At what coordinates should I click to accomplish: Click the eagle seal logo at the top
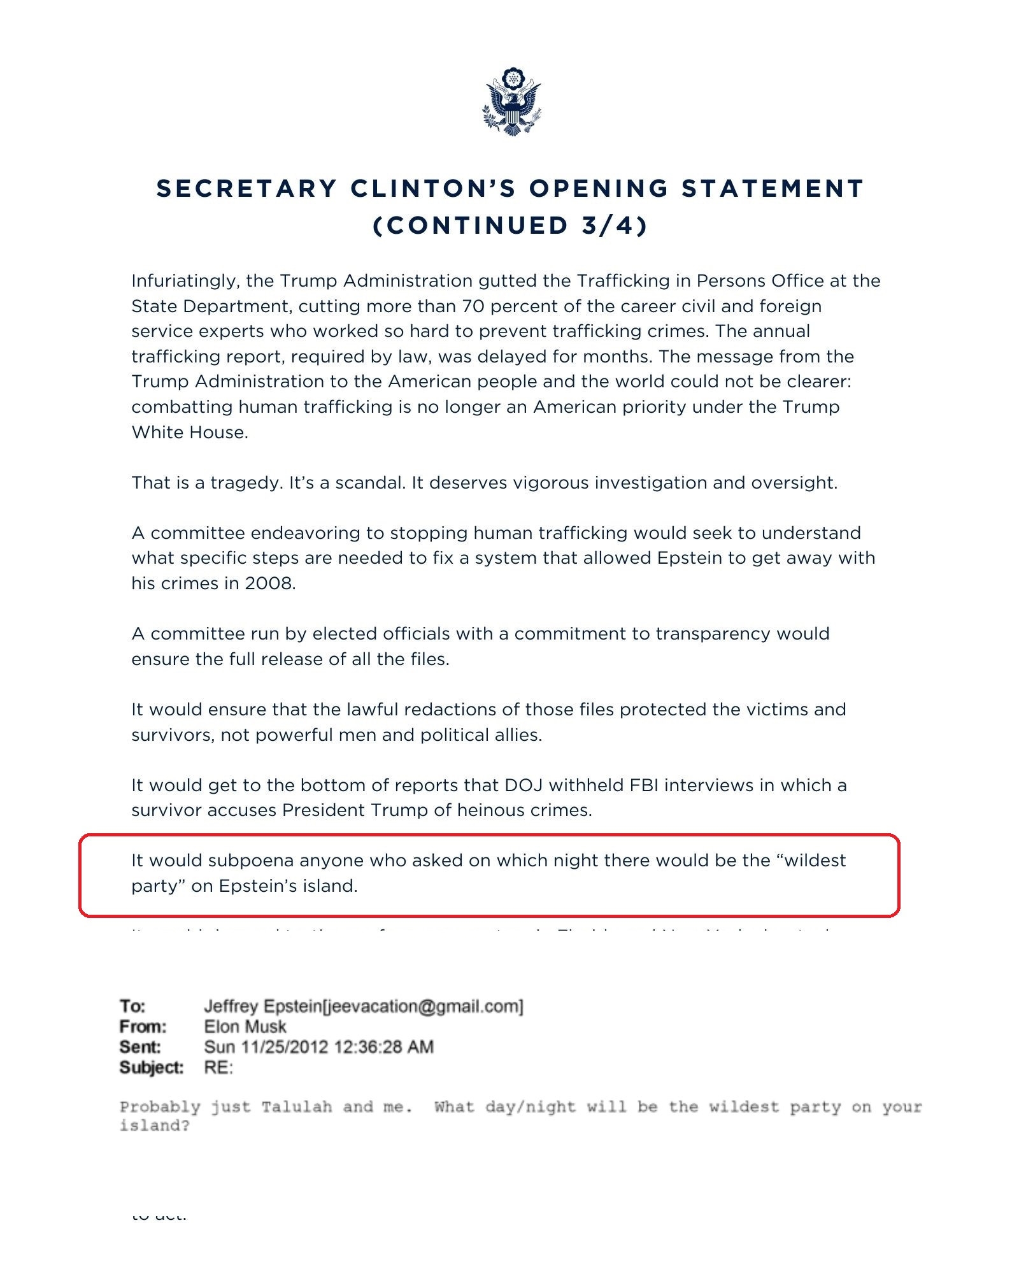(x=511, y=102)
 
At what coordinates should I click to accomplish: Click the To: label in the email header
(x=132, y=1006)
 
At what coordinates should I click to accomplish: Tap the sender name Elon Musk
(x=245, y=1027)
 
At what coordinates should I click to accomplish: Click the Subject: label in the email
(x=151, y=1068)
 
